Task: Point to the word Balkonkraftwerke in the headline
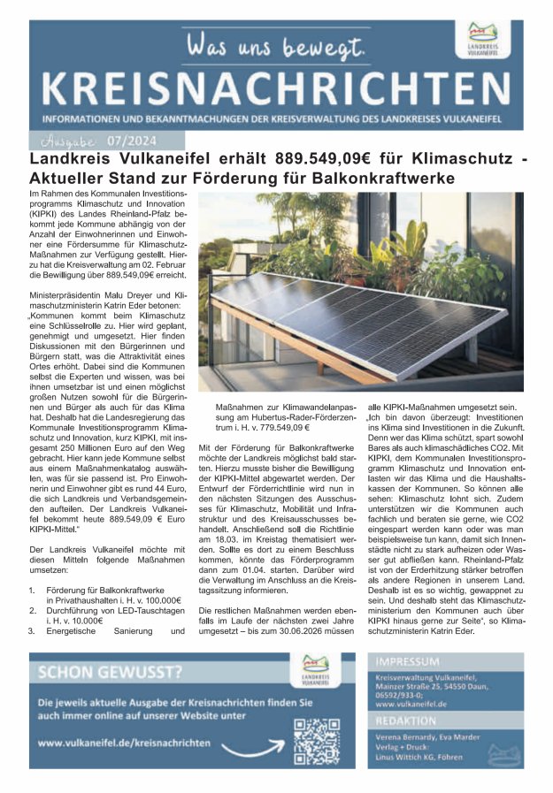[388, 179]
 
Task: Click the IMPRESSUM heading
[408, 661]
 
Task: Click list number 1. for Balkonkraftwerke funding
[33, 589]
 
